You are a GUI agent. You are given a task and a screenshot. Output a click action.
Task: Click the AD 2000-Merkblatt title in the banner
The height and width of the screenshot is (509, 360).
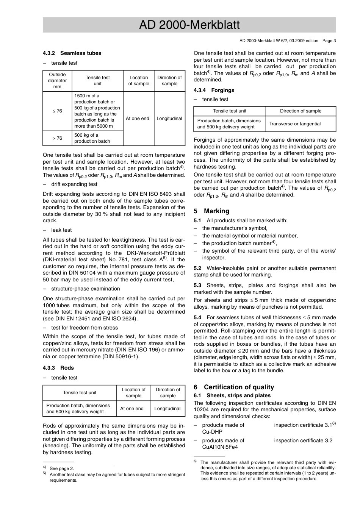(x=189, y=25)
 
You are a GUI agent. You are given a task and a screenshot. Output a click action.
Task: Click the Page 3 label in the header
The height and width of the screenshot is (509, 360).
(x=329, y=41)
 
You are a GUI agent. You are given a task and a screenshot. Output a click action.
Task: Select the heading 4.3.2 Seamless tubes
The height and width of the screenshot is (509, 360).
(x=72, y=53)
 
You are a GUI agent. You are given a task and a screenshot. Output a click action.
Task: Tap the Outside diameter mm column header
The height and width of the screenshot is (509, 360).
(x=57, y=81)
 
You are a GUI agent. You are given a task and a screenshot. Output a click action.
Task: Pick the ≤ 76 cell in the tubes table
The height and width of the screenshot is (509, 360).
(x=57, y=111)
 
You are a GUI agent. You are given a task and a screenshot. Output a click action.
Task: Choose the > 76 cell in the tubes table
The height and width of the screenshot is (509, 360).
(x=57, y=138)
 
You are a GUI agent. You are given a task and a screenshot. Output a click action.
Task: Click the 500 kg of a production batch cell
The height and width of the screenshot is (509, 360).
(x=92, y=138)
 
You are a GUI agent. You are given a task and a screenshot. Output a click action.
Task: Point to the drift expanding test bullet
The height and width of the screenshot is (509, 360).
(x=74, y=184)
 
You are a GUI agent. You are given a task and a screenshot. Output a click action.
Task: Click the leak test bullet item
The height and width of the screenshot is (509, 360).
(x=61, y=230)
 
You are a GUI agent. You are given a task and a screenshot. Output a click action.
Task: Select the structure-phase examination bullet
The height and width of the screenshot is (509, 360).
(x=85, y=289)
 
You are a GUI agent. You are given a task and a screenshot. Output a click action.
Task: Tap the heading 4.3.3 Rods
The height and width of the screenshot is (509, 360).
(x=58, y=368)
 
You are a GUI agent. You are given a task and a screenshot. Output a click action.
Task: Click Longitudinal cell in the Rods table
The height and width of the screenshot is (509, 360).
(x=167, y=409)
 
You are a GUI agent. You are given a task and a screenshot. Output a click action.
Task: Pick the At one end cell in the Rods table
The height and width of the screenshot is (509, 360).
(x=132, y=409)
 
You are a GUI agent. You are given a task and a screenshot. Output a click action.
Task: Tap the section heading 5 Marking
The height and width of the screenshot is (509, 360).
(x=211, y=211)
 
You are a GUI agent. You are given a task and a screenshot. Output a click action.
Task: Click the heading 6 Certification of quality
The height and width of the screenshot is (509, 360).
(x=234, y=387)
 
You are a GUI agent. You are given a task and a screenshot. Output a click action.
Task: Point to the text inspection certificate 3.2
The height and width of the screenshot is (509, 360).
(x=303, y=441)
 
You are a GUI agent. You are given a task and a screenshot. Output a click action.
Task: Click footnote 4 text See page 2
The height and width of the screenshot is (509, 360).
(x=62, y=468)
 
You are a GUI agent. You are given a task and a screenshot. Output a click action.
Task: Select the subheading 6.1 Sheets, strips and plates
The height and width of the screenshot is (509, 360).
(x=232, y=396)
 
